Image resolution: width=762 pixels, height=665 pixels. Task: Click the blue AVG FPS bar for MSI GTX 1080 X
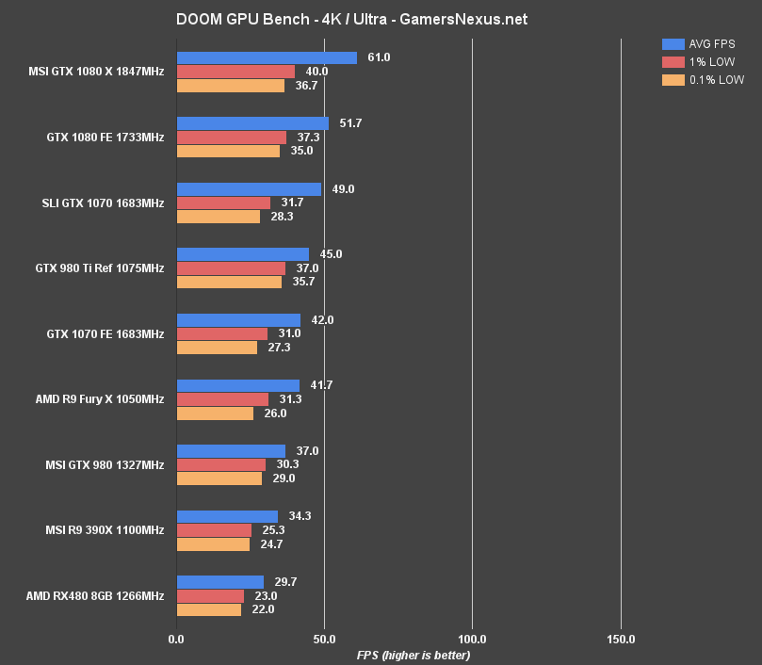coord(267,58)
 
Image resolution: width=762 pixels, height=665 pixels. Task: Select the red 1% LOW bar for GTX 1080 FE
coord(232,138)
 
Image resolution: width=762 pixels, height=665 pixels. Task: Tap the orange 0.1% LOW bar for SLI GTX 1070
coord(219,217)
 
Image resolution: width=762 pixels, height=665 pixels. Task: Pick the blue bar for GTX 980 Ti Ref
coord(243,254)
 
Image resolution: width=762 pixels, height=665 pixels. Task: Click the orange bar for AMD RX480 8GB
coord(209,609)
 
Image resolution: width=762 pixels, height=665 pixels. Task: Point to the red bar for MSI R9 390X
coord(214,530)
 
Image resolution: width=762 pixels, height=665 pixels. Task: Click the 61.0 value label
coord(379,58)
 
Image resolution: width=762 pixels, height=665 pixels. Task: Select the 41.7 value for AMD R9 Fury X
coord(321,385)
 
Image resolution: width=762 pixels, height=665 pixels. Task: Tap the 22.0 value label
coord(263,609)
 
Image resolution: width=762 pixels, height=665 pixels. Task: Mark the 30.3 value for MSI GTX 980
coord(287,464)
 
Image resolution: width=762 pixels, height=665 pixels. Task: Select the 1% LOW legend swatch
coord(673,62)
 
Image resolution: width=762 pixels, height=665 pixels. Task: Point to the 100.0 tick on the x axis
coord(473,640)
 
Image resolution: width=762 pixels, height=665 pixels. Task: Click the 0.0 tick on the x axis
coord(176,640)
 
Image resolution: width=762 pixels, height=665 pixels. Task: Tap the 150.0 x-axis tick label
coord(621,640)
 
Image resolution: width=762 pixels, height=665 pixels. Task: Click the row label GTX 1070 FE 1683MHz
coord(105,333)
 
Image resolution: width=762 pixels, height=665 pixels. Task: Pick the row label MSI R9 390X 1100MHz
coord(104,530)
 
